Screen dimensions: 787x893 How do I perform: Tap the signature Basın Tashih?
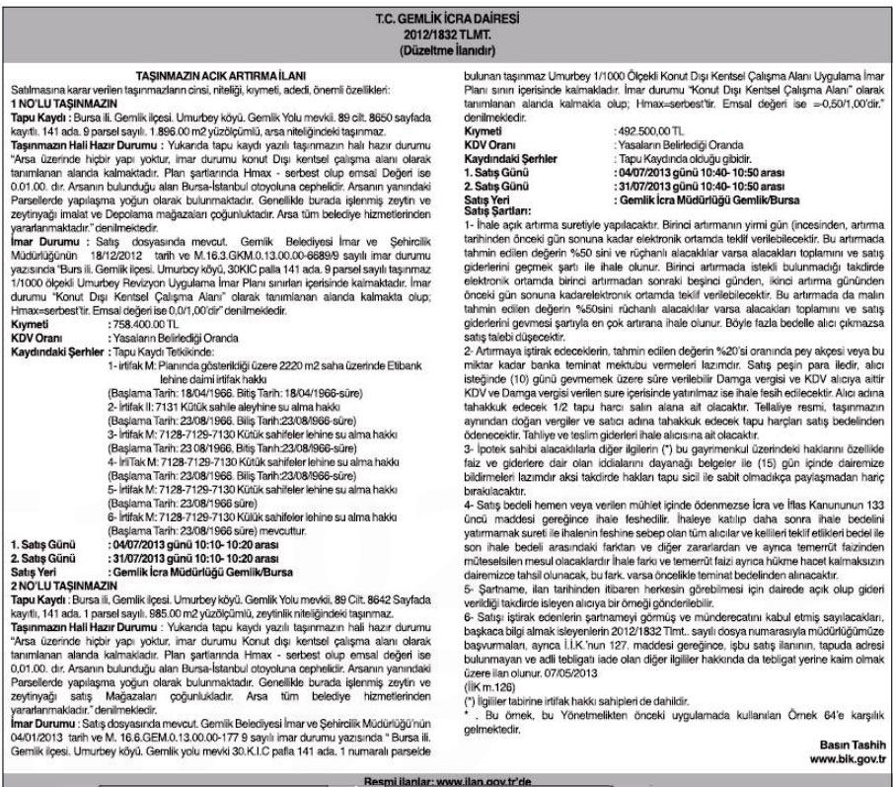coord(855,743)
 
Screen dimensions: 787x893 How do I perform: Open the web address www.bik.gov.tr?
coord(848,757)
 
